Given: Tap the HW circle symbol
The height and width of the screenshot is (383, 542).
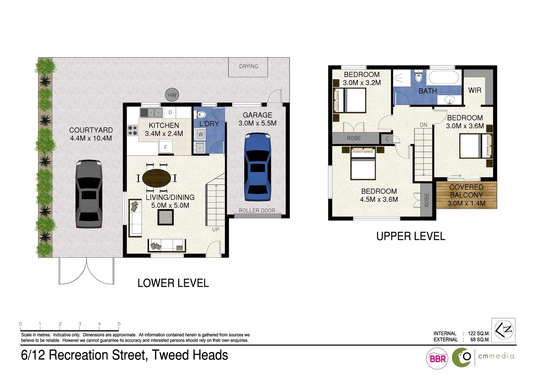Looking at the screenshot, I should (172, 95).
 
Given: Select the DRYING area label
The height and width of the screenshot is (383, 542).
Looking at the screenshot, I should (248, 66).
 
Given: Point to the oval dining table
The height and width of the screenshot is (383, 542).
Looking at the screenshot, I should (156, 178).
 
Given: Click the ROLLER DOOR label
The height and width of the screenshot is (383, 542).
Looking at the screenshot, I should (257, 211).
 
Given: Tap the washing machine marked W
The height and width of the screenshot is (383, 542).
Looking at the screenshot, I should (200, 134).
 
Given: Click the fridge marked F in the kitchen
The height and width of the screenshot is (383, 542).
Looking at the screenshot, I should (165, 147).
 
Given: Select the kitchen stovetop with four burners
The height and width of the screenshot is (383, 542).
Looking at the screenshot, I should (133, 131).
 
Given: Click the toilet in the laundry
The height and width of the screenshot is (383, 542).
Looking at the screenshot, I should (201, 115).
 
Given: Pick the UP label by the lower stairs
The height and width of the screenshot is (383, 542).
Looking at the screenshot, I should (216, 229).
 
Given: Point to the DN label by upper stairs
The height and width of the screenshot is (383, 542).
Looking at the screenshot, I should (424, 125).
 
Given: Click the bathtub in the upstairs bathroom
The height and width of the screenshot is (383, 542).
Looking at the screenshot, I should (444, 77).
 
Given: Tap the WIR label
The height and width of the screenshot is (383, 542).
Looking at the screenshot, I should (475, 90).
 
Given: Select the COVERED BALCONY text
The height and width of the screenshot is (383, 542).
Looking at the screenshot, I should (466, 191).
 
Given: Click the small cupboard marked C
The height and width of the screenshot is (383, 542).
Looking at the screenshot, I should (387, 139).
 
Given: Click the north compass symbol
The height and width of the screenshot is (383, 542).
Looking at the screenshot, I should (503, 330).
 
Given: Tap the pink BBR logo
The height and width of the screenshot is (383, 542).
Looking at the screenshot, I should (437, 359).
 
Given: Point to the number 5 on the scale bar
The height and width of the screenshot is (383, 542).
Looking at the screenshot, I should (119, 324).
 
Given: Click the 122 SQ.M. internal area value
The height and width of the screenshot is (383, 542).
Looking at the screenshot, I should (479, 333).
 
